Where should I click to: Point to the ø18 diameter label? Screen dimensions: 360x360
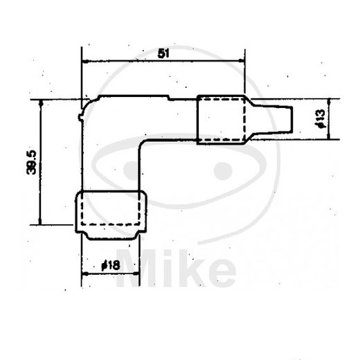(x=111, y=265)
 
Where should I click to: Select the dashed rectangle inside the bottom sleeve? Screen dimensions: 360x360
(x=111, y=209)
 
